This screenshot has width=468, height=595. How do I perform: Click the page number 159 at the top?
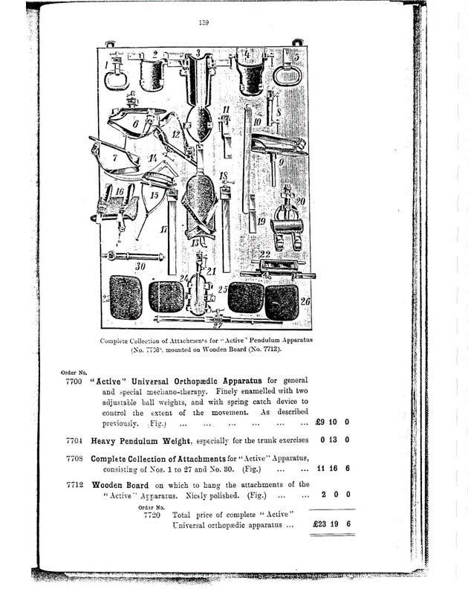point(203,23)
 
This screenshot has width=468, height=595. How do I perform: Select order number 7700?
point(74,379)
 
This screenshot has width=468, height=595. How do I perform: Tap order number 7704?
point(74,440)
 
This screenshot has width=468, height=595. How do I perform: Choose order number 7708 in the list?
point(74,459)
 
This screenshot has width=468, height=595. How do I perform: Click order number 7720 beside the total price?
point(153,515)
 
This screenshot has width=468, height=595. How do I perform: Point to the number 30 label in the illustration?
point(140,265)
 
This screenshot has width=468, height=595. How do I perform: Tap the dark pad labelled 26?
point(282,300)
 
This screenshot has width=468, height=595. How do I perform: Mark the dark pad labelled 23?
point(126,297)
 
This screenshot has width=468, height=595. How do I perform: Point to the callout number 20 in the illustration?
point(300,200)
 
